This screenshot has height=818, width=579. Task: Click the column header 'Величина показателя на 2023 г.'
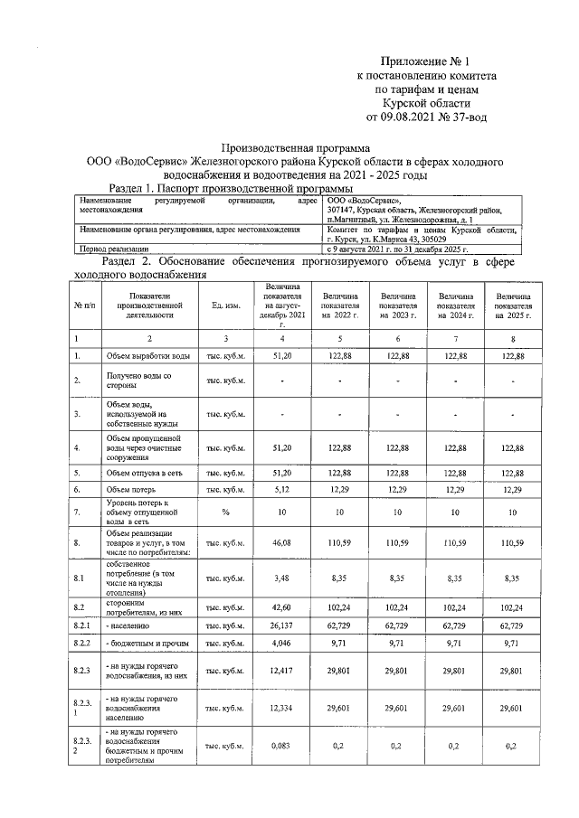(398, 306)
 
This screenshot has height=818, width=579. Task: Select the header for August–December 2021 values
(281, 306)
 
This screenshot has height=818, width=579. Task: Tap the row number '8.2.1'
(83, 624)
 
